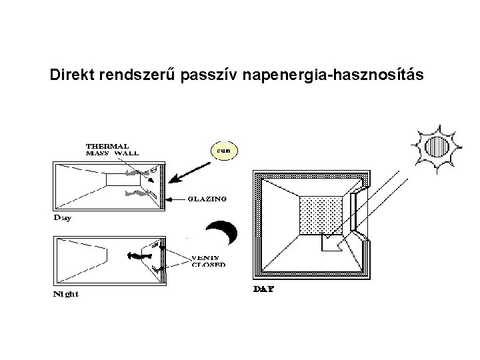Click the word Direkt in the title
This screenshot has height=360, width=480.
(x=73, y=75)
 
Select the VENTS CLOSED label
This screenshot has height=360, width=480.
(x=208, y=260)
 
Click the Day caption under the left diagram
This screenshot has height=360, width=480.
(x=63, y=218)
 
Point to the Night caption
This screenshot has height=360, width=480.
(x=66, y=294)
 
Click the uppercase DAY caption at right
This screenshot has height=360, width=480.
(x=264, y=289)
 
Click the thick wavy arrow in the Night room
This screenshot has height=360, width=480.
(x=137, y=255)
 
